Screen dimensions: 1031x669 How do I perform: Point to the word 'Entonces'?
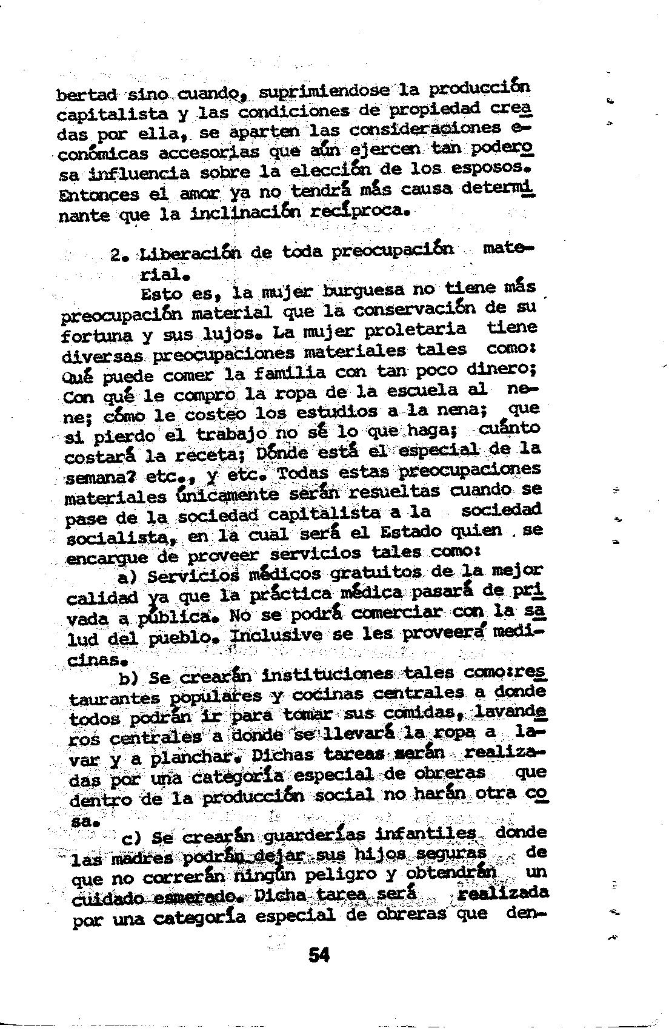tap(99, 196)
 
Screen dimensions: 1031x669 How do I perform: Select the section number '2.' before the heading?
tap(118, 255)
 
